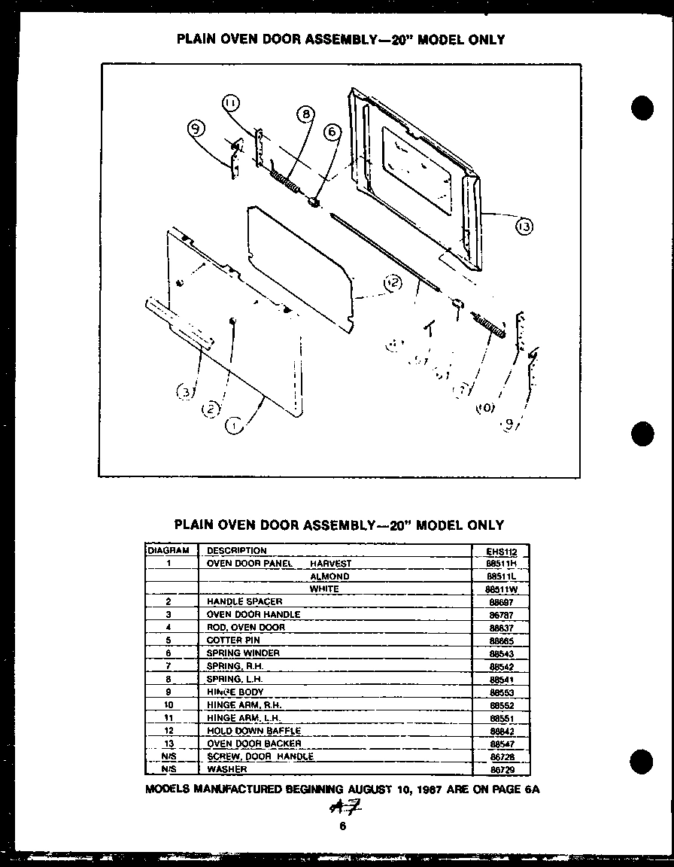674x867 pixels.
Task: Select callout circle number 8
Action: (305, 114)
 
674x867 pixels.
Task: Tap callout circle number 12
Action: (392, 283)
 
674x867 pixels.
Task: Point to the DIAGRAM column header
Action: (168, 550)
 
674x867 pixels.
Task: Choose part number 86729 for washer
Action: (501, 769)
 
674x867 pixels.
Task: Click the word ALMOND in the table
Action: (329, 576)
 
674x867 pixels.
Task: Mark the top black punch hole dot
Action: (642, 108)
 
